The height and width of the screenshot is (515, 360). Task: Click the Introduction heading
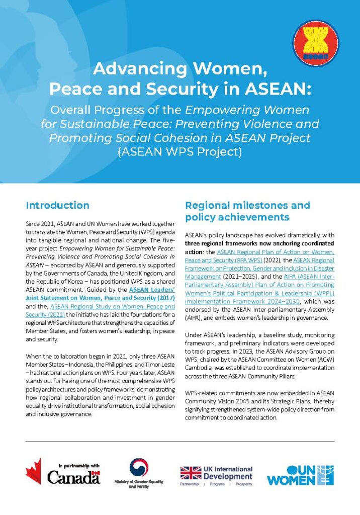(57, 205)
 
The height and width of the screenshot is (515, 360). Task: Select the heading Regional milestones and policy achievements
(247, 211)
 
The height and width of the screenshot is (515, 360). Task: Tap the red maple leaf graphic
(33, 471)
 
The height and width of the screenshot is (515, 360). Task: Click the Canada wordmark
(73, 477)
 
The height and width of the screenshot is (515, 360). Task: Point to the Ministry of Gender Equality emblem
(139, 467)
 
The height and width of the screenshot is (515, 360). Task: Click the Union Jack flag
(191, 473)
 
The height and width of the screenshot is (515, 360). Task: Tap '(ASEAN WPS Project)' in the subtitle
(180, 150)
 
